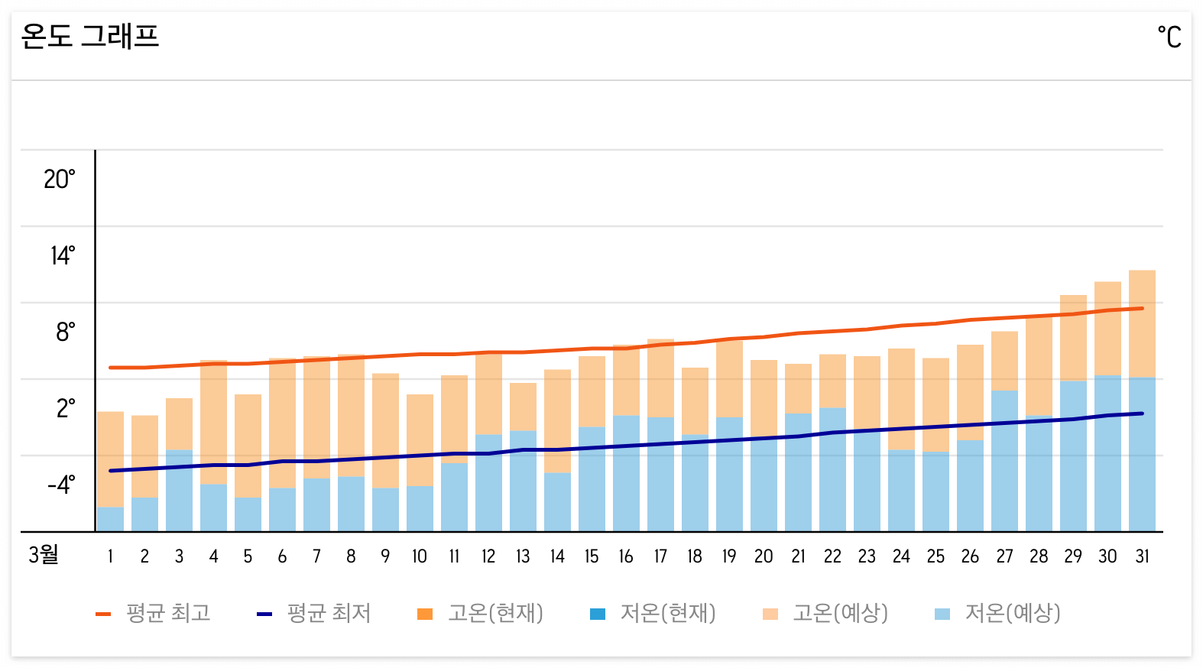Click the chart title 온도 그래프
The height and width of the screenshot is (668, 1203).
[90, 36]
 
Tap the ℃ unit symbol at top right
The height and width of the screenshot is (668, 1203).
[1169, 37]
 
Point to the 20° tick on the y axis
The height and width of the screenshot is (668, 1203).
[60, 180]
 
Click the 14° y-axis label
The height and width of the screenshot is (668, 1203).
[63, 255]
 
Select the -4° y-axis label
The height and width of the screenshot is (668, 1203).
[61, 485]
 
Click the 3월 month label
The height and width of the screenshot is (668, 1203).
[44, 554]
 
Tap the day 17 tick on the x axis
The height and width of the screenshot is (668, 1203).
[660, 556]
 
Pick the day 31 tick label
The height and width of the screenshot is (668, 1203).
[1142, 556]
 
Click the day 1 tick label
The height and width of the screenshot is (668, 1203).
[110, 556]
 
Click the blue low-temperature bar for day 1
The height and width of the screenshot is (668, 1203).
[110, 519]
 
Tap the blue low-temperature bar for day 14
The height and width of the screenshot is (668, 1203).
[557, 501]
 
